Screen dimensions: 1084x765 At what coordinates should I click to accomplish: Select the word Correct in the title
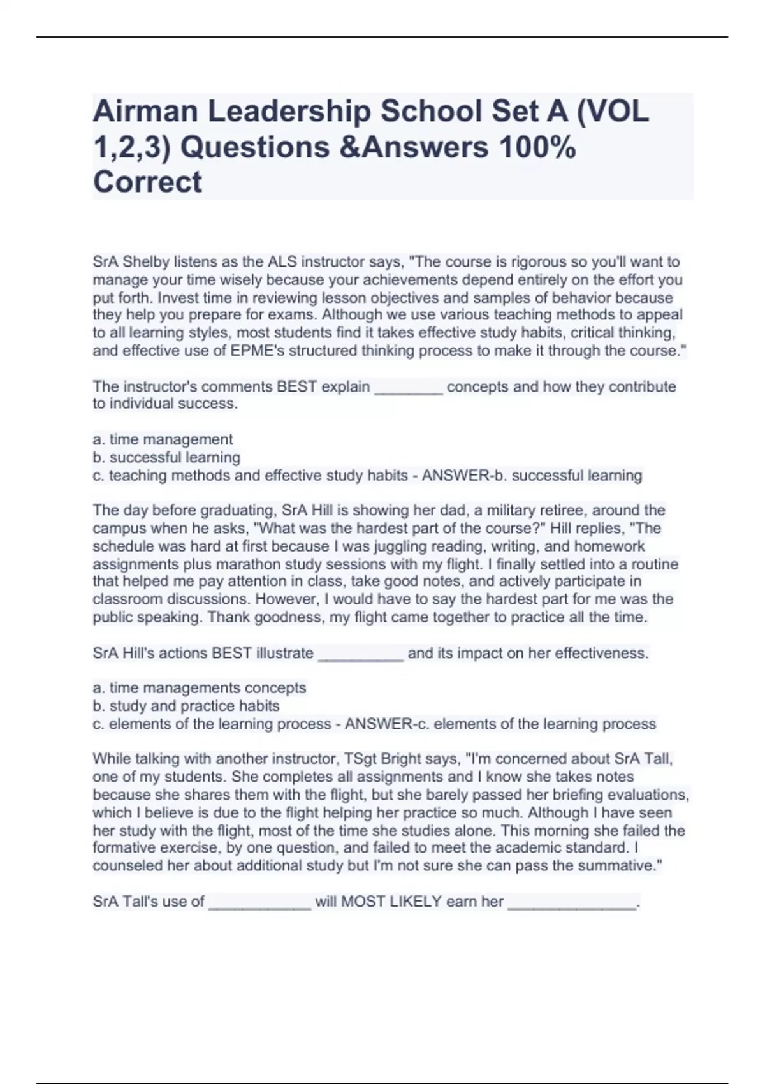pyautogui.click(x=147, y=182)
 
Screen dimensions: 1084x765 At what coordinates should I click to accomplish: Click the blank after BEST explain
pyautogui.click(x=408, y=388)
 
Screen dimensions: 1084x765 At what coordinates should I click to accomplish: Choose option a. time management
pyautogui.click(x=163, y=439)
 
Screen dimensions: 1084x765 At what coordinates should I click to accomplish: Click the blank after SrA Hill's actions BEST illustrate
pyautogui.click(x=360, y=654)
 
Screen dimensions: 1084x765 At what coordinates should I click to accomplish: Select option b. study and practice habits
pyautogui.click(x=186, y=706)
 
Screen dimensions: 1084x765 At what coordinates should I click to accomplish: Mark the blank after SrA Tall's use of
pyautogui.click(x=259, y=903)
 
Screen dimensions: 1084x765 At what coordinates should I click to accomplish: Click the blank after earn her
pyautogui.click(x=572, y=903)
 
